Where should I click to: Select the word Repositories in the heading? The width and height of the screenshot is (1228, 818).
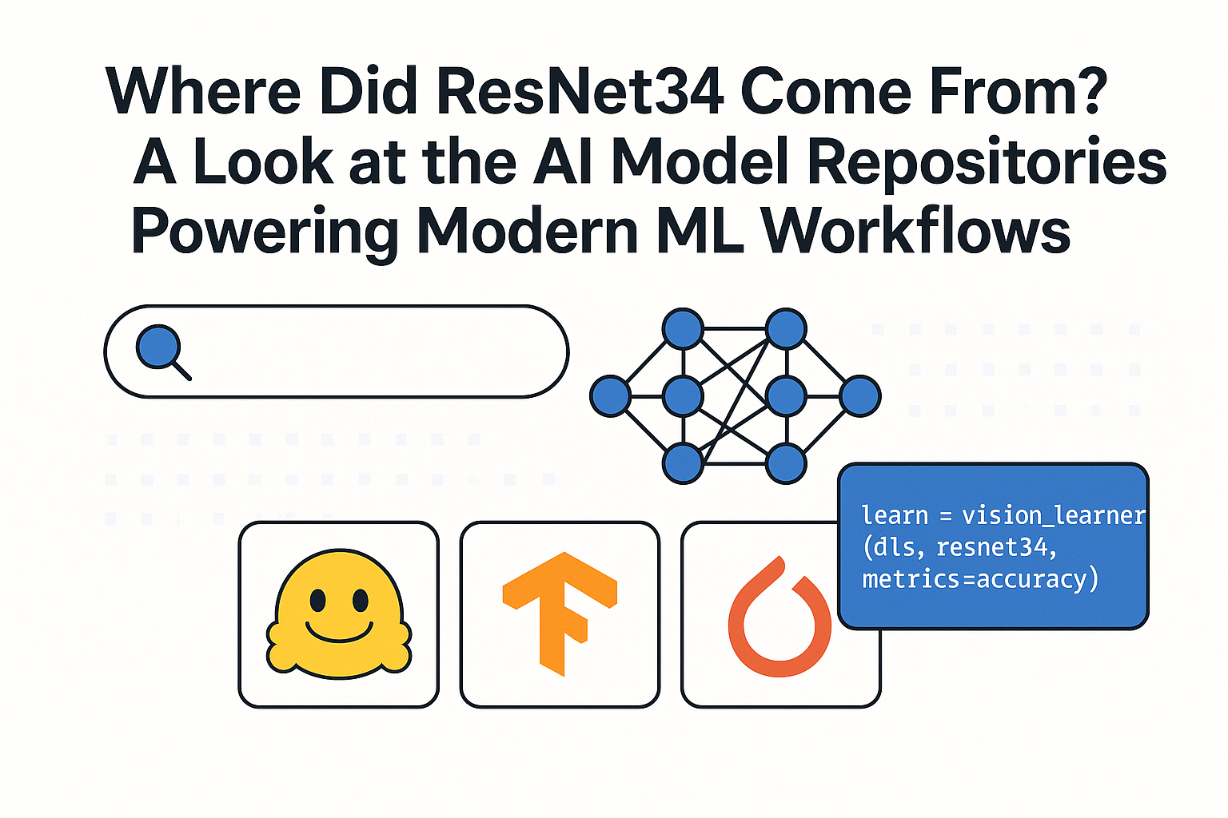click(987, 162)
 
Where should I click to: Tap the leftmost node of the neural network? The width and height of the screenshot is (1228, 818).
click(610, 396)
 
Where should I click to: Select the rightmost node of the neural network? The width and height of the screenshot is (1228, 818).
click(860, 396)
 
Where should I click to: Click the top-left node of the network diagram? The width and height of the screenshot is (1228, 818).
click(683, 328)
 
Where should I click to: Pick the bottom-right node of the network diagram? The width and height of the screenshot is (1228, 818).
click(786, 463)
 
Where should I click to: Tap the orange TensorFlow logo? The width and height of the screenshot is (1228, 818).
click(560, 611)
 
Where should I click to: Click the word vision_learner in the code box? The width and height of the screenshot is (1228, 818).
click(1053, 516)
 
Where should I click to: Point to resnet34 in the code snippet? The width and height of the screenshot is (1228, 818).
click(995, 547)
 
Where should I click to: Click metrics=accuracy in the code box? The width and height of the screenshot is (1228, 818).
click(980, 578)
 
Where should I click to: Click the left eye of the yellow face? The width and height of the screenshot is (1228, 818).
click(318, 598)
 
